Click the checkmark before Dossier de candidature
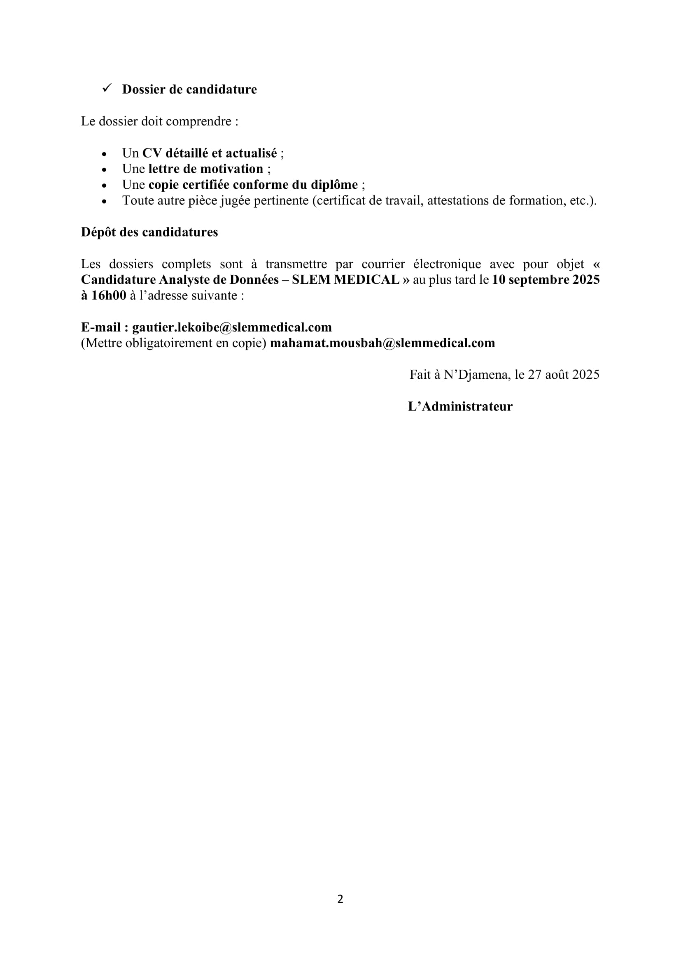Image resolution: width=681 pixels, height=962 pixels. [107, 88]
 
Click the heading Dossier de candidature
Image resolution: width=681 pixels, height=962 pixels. [189, 89]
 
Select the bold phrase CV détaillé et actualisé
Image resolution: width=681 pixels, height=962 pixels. [209, 153]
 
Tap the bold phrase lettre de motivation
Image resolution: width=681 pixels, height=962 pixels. [205, 169]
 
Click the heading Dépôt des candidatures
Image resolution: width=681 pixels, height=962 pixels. [149, 232]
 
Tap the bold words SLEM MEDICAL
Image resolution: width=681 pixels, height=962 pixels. [345, 280]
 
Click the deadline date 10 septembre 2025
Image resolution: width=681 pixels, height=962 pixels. [546, 280]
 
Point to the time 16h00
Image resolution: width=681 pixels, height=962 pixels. [108, 296]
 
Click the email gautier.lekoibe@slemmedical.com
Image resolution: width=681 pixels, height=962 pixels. [231, 327]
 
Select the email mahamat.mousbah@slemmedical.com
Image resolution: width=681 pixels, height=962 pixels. [382, 343]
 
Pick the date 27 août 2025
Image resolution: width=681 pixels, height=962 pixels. [563, 375]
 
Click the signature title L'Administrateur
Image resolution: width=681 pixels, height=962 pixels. [460, 406]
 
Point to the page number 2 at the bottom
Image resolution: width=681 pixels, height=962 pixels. [340, 899]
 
